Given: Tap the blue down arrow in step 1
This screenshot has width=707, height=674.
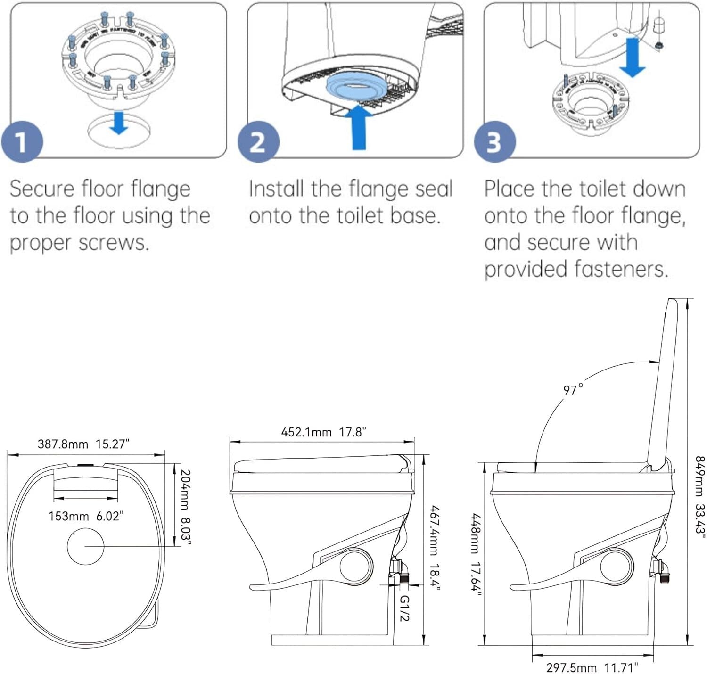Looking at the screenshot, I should [119, 123].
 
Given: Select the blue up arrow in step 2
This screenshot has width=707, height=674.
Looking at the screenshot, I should [359, 127].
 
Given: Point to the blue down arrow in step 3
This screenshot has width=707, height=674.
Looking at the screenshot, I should [632, 58].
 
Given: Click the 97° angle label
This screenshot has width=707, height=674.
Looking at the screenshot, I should [573, 390].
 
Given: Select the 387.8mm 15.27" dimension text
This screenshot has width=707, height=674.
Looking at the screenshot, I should [83, 444].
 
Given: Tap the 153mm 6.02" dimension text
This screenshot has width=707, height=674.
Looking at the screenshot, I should [86, 516].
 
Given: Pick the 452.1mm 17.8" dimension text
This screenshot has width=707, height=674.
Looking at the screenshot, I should [323, 432].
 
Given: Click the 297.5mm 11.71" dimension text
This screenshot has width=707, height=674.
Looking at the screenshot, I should [592, 667].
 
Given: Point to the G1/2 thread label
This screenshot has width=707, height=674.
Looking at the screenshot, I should [404, 608].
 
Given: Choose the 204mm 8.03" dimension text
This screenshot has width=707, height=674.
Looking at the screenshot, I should [185, 507].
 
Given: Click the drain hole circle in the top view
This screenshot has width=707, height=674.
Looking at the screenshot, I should [85, 546].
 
